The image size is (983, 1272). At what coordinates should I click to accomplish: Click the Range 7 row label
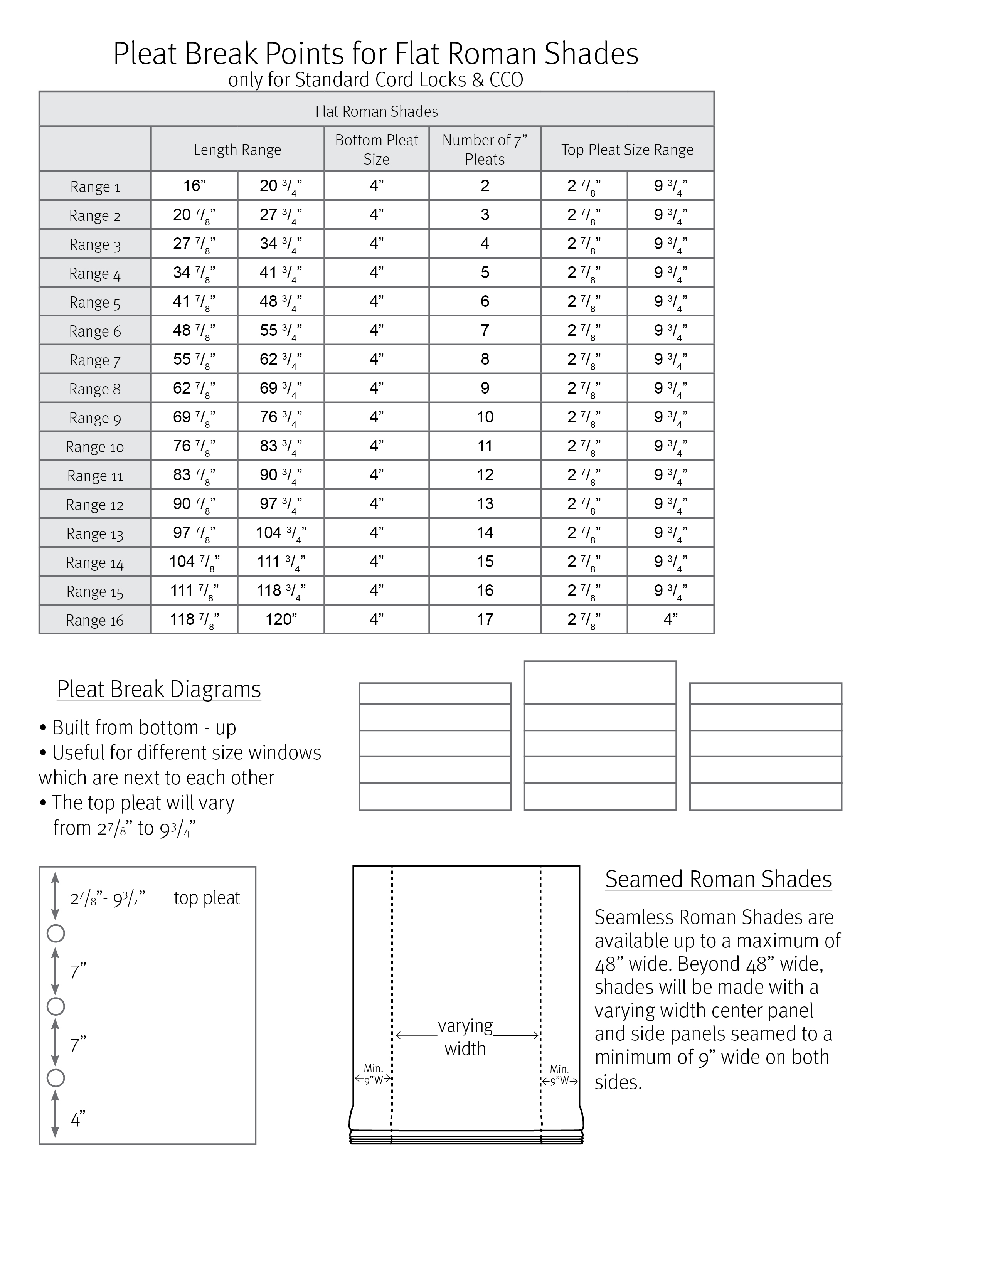pos(95,360)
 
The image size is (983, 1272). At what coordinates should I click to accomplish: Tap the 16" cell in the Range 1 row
pos(195,186)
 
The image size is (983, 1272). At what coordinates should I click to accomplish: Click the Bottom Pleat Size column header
pos(377,149)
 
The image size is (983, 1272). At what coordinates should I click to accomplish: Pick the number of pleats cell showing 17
pos(485,619)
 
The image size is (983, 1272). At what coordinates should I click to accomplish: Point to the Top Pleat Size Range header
pos(627,149)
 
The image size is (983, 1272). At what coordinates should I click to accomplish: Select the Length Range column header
pos(237,149)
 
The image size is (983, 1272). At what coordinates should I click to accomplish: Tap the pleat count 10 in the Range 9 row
pos(485,417)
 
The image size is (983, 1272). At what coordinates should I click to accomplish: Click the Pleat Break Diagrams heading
pos(159,689)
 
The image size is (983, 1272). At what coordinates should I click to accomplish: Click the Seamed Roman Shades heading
pos(718,879)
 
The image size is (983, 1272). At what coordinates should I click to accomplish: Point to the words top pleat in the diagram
pos(207,897)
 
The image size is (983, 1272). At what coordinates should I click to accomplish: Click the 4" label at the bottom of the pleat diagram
pos(78,1118)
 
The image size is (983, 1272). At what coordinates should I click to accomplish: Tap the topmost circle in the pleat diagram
pos(56,934)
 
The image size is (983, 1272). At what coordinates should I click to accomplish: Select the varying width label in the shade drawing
pos(465,1037)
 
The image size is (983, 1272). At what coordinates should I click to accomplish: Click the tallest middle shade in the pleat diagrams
pos(600,735)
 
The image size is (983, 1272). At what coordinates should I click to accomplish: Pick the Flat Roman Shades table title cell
pos(377,111)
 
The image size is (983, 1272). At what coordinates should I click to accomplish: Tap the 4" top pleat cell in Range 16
pos(671,619)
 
